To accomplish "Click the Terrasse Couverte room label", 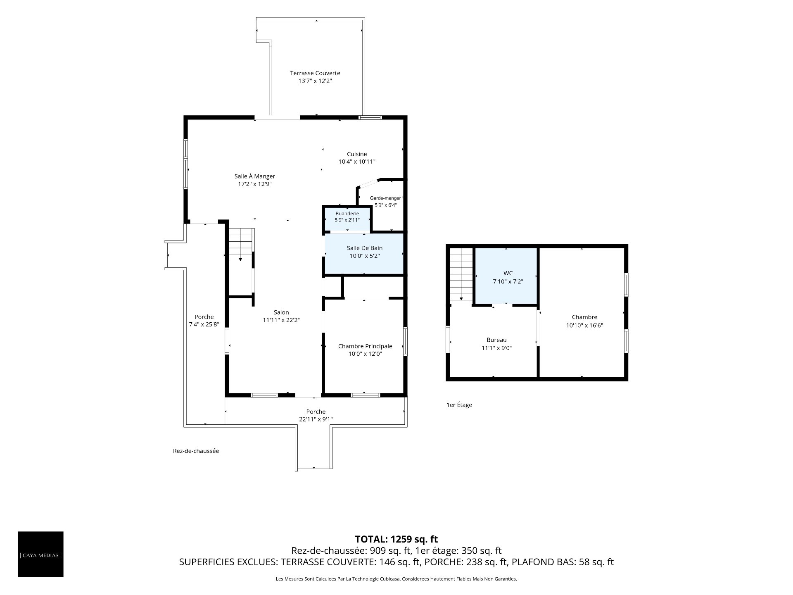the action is pyautogui.click(x=315, y=73).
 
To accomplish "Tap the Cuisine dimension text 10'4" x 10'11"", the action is pyautogui.click(x=357, y=162).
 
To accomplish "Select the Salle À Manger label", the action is pyautogui.click(x=255, y=176).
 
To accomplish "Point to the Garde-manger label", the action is pyautogui.click(x=385, y=198).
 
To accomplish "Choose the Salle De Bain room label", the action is pyautogui.click(x=365, y=248).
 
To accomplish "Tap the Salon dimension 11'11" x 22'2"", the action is pyautogui.click(x=281, y=320).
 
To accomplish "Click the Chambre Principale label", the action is pyautogui.click(x=365, y=346).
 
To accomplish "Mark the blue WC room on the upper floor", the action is pyautogui.click(x=506, y=276).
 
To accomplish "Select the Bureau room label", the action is pyautogui.click(x=496, y=340).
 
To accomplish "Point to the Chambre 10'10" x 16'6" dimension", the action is pyautogui.click(x=584, y=325).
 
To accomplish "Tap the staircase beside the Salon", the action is pyautogui.click(x=241, y=245).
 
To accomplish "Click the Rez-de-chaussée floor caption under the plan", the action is pyautogui.click(x=196, y=451).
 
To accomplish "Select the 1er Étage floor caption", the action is pyautogui.click(x=459, y=405).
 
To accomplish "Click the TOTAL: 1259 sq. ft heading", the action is pyautogui.click(x=396, y=539).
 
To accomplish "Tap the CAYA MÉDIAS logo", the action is pyautogui.click(x=40, y=554).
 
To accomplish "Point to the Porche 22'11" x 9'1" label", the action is pyautogui.click(x=316, y=415).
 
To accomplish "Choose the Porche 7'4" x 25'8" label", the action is pyautogui.click(x=204, y=321).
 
